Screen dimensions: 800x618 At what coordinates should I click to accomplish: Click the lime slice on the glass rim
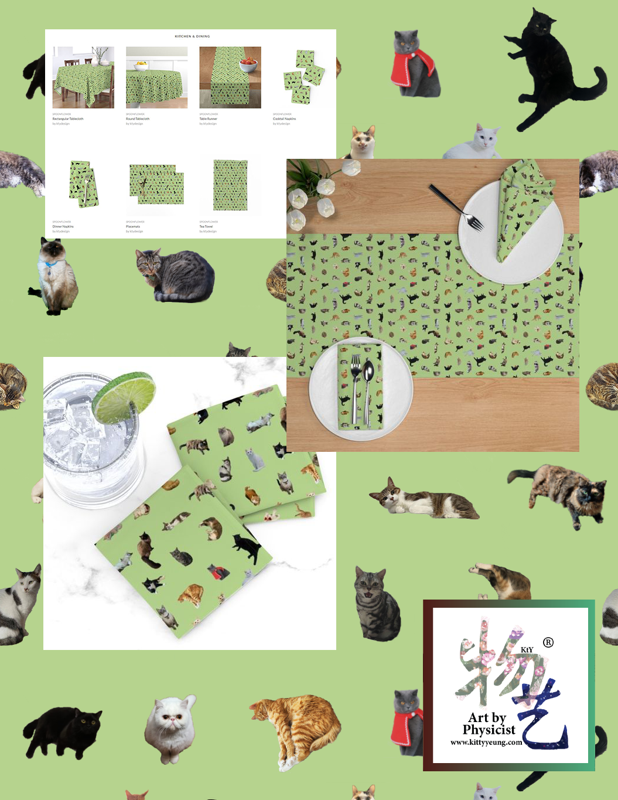[124, 397]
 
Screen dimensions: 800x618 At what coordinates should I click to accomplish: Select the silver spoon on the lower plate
[368, 387]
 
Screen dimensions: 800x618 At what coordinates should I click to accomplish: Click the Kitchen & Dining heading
[192, 36]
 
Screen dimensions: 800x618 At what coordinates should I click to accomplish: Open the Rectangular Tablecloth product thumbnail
[83, 78]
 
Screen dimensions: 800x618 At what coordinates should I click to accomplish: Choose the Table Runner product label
[208, 119]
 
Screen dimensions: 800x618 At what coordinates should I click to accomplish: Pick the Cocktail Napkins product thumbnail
[303, 77]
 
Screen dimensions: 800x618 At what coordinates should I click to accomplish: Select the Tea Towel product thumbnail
[230, 185]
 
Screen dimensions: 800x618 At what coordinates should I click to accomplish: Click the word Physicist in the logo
[489, 730]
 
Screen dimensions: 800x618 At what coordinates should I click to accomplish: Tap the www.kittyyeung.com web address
[486, 742]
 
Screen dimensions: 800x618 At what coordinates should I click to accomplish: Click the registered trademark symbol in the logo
[548, 642]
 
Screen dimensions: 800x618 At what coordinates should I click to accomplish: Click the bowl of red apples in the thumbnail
[249, 62]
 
